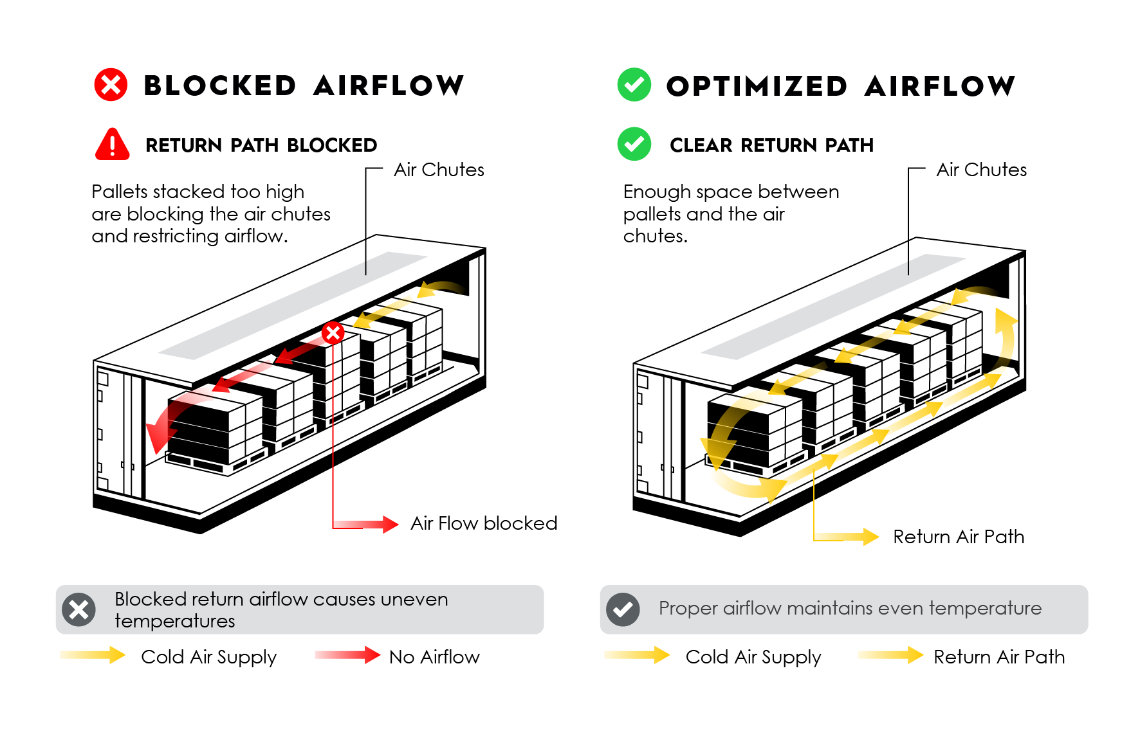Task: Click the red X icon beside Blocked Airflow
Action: click(111, 85)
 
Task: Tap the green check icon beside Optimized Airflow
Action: click(634, 85)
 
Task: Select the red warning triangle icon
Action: click(112, 144)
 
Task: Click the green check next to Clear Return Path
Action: click(634, 144)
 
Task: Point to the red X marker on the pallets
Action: click(333, 332)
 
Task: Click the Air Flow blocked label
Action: click(484, 523)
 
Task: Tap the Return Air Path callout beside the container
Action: click(958, 537)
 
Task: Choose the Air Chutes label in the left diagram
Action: click(439, 170)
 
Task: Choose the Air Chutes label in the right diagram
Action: click(981, 170)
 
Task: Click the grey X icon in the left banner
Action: click(79, 609)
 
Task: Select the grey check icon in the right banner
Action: click(623, 609)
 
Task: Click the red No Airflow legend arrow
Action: click(348, 655)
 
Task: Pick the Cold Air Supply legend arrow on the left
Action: click(93, 655)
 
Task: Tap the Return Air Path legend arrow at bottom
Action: click(891, 655)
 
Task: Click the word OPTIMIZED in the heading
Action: click(757, 86)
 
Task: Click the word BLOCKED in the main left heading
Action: click(219, 86)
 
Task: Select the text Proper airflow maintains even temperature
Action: click(849, 608)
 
